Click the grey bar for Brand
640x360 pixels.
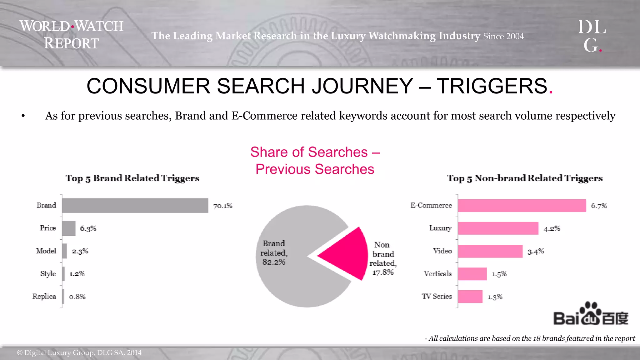point(135,205)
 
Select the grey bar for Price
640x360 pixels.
point(68,228)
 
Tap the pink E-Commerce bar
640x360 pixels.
point(522,205)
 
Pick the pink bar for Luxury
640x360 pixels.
point(498,228)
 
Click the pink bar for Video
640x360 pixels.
point(490,251)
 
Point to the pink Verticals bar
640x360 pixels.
point(472,274)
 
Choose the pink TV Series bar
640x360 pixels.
point(470,297)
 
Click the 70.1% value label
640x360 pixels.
point(223,206)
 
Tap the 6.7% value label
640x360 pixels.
point(599,206)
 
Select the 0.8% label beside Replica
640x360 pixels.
point(77,297)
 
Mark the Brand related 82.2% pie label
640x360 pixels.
point(274,252)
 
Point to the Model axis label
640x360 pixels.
point(46,251)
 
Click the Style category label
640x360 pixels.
point(48,274)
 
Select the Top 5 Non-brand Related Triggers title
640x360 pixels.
point(525,178)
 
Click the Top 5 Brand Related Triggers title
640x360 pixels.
point(132,178)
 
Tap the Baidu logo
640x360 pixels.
point(591,314)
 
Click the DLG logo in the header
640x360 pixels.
point(592,36)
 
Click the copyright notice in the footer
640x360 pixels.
point(79,353)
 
